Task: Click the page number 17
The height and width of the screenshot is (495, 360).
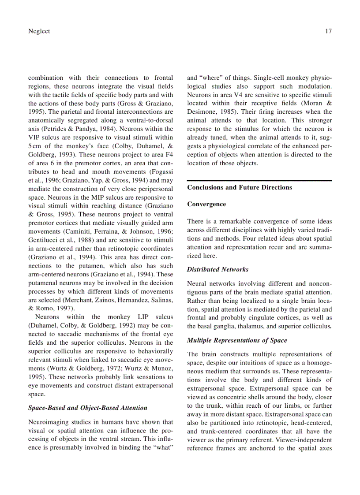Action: (x=328, y=31)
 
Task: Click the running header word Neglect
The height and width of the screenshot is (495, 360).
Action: (x=39, y=31)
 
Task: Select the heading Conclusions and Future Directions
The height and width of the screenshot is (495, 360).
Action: (x=240, y=187)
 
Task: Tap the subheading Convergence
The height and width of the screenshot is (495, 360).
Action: (x=206, y=204)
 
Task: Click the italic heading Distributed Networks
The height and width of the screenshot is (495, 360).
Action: (x=217, y=269)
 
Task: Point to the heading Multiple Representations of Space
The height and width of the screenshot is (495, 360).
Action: (x=237, y=340)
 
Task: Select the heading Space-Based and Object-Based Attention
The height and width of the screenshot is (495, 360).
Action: (x=87, y=408)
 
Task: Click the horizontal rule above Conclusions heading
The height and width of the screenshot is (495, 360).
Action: (x=259, y=181)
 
